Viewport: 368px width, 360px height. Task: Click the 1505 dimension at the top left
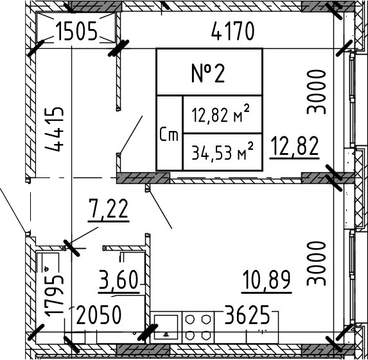click(x=76, y=31)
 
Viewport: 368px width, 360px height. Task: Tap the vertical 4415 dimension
click(x=57, y=129)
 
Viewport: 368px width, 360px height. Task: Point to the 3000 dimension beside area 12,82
click(x=317, y=92)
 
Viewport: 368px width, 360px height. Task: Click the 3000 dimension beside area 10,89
click(x=317, y=263)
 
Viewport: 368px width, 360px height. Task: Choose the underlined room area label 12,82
click(x=294, y=147)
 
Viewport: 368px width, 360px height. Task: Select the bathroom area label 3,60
click(x=119, y=280)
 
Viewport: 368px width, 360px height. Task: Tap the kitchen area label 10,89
click(x=267, y=280)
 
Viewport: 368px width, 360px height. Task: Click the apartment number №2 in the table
click(x=209, y=73)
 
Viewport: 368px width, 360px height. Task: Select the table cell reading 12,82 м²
click(x=222, y=115)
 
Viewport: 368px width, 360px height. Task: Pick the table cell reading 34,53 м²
click(x=222, y=152)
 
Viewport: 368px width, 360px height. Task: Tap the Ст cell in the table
click(x=169, y=134)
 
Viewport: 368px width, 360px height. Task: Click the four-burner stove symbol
click(x=198, y=327)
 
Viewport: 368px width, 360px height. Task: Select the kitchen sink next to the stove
click(x=167, y=327)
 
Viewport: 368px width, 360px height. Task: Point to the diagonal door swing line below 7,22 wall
click(x=160, y=209)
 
